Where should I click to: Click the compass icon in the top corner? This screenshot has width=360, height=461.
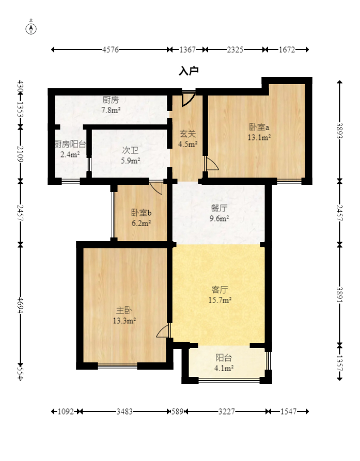31,28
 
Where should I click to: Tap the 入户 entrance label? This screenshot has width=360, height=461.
189,71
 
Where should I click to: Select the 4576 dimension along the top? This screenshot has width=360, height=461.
111,50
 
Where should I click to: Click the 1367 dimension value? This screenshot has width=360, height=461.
187,50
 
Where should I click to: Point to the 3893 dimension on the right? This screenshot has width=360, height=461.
340,131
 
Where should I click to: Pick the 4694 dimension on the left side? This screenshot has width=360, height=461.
20,305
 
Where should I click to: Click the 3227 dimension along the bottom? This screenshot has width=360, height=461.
226,411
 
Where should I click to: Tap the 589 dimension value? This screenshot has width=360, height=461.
177,411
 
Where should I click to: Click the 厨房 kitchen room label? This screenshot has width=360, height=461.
111,100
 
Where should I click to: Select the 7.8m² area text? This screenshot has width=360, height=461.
111,110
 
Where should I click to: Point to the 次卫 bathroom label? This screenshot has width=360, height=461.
130,151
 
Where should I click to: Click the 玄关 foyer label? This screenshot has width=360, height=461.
187,134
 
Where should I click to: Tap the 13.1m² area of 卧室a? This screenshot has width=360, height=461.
259,137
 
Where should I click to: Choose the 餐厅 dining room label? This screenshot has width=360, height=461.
219,209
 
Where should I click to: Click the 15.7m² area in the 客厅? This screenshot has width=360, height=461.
220,300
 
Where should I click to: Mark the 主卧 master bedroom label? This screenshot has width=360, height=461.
124,310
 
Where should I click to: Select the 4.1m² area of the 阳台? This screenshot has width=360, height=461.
224,368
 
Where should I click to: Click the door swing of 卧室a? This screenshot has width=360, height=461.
212,164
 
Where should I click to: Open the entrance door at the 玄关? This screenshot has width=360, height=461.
188,99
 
